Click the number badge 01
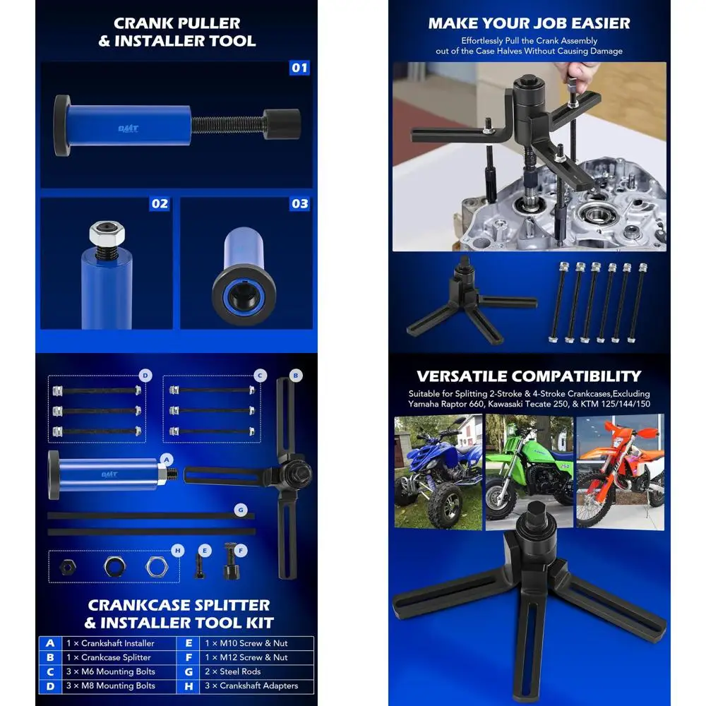click(300, 68)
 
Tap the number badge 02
click(160, 203)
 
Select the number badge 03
click(300, 203)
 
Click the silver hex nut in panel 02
click(103, 234)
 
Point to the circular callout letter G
click(240, 508)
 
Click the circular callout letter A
click(167, 458)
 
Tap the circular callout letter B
click(297, 375)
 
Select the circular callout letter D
click(144, 375)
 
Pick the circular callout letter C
click(260, 375)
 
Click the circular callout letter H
click(178, 550)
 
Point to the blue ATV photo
click(438, 472)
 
